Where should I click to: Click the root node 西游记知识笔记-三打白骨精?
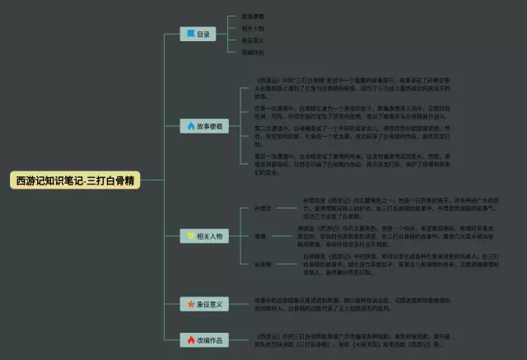tap(75, 180)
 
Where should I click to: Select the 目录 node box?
tap(198, 34)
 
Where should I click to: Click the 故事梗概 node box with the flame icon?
tap(203, 126)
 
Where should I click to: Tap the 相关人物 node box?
tap(203, 236)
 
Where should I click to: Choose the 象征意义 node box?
tap(203, 304)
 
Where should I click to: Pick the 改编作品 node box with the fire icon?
tap(203, 339)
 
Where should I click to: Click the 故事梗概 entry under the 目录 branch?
tap(253, 16)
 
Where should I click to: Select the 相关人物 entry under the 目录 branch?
tap(253, 28)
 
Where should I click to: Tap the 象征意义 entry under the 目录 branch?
tap(253, 40)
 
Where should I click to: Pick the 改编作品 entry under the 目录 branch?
tap(253, 52)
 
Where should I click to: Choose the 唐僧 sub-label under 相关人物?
tap(236, 236)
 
